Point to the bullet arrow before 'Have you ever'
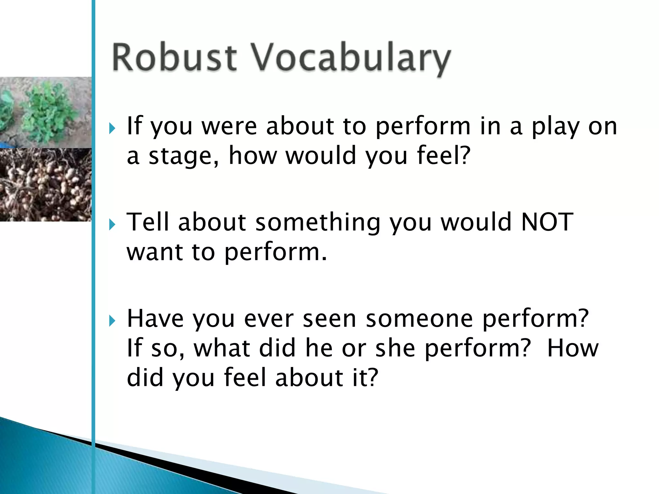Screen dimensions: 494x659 coord(112,321)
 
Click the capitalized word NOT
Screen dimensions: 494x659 coord(547,222)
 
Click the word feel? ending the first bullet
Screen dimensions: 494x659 coord(444,155)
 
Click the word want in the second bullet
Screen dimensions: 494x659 coord(155,252)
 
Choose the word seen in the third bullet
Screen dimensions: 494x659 coord(329,319)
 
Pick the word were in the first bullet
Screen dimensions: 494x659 coord(229,126)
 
